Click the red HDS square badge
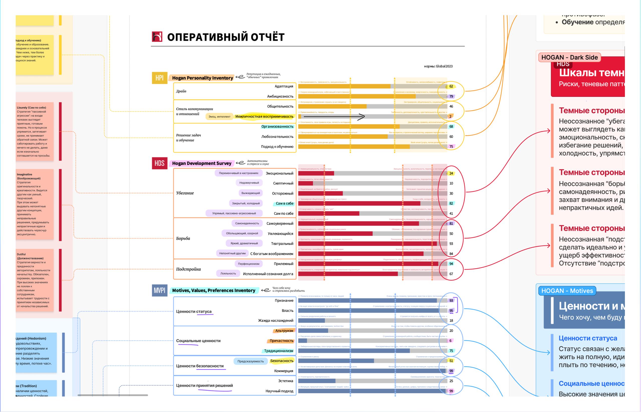coord(159,163)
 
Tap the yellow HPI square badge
coord(159,78)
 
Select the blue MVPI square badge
coord(159,290)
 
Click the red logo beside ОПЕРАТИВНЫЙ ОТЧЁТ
coord(157,37)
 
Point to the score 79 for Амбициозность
coord(451,96)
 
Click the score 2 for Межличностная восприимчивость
coord(450,116)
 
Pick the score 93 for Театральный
coord(451,244)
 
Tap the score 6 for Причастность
coord(450,340)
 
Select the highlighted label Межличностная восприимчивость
coord(264,116)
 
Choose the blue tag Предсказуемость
coord(250,361)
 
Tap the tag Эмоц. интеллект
coord(219,117)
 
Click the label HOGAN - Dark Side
coord(569,58)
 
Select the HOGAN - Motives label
coord(567,291)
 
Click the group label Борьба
coord(183,238)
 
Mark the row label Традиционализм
coord(278,351)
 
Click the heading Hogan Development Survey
coord(202,163)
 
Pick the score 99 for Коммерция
coord(451,371)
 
